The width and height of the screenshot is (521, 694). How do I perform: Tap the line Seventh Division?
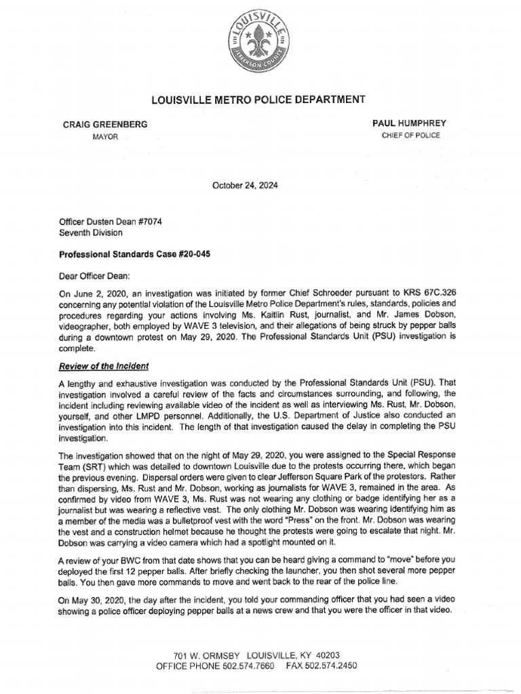pyautogui.click(x=91, y=232)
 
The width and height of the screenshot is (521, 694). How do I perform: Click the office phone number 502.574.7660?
pyautogui.click(x=253, y=666)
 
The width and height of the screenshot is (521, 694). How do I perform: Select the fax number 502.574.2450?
pyautogui.click(x=332, y=666)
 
